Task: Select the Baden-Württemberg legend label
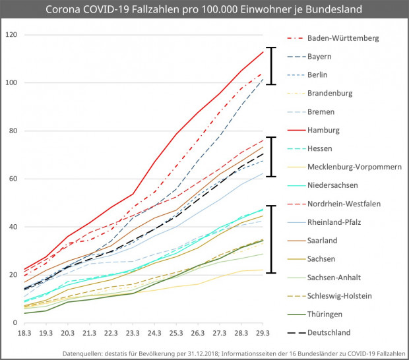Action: pyautogui.click(x=343, y=38)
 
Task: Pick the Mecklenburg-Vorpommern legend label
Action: pyautogui.click(x=354, y=167)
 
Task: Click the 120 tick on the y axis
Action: pyautogui.click(x=11, y=35)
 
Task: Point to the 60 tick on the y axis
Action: pyautogui.click(x=13, y=179)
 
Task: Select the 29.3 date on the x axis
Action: pyautogui.click(x=264, y=334)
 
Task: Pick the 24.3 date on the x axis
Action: pyautogui.click(x=156, y=334)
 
